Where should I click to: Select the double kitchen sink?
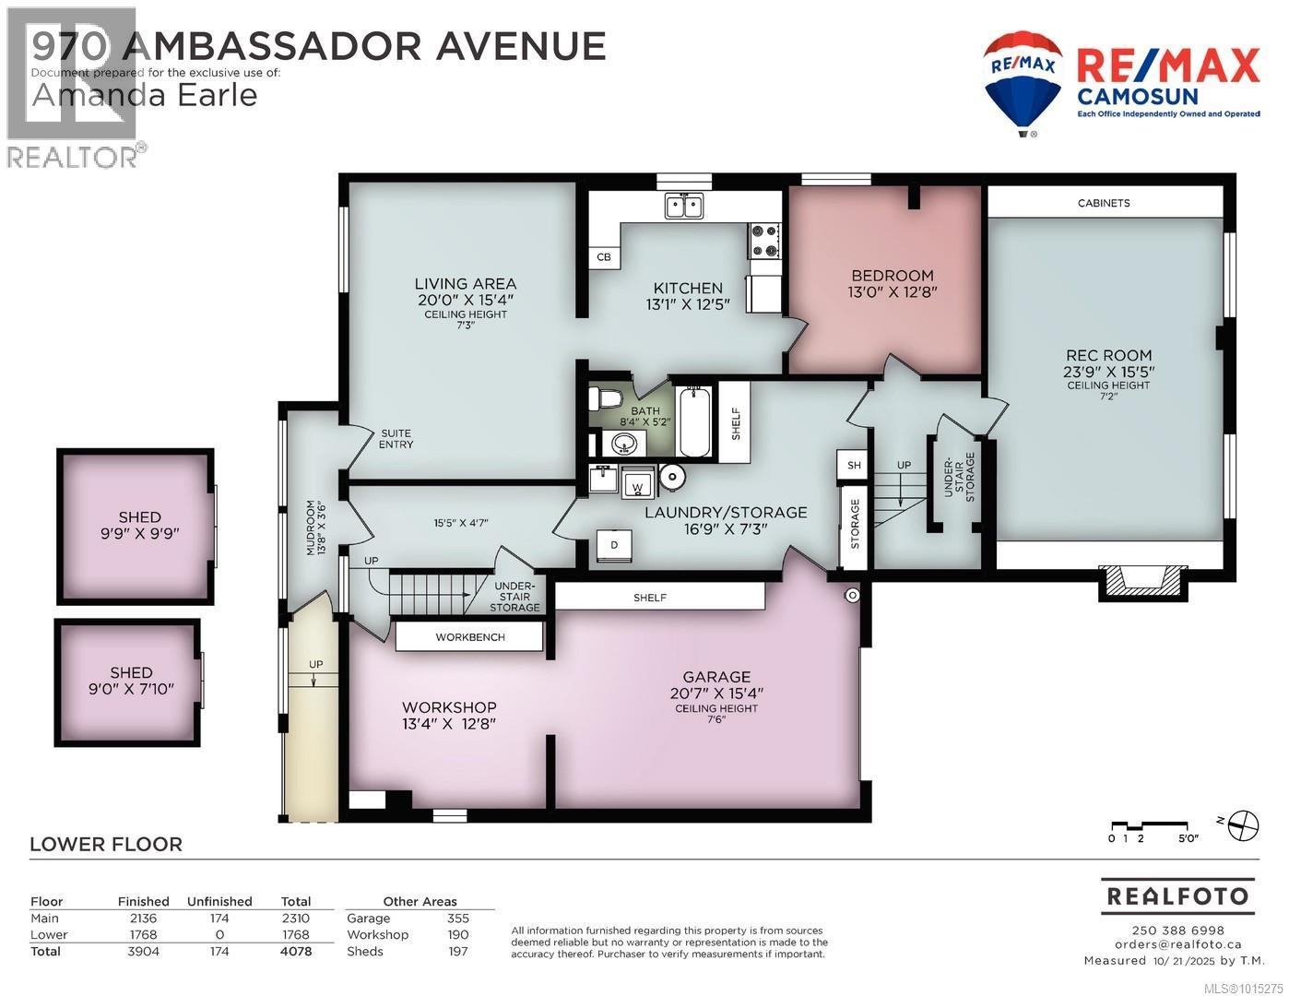tap(684, 206)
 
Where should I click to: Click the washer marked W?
tap(636, 483)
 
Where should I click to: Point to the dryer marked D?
tap(614, 545)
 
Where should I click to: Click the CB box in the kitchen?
tap(604, 257)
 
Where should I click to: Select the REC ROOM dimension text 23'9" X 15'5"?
tap(1108, 372)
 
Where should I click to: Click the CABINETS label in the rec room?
tap(1103, 203)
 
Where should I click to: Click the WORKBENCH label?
tap(469, 637)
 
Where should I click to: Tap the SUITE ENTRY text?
tap(396, 439)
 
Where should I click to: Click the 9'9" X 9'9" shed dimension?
tap(139, 533)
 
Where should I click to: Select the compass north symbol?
tap(1243, 824)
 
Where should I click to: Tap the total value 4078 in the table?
tap(296, 951)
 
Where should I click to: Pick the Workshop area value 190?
tap(457, 934)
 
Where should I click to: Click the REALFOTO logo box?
tap(1177, 896)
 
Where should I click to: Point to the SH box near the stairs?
tap(854, 466)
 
